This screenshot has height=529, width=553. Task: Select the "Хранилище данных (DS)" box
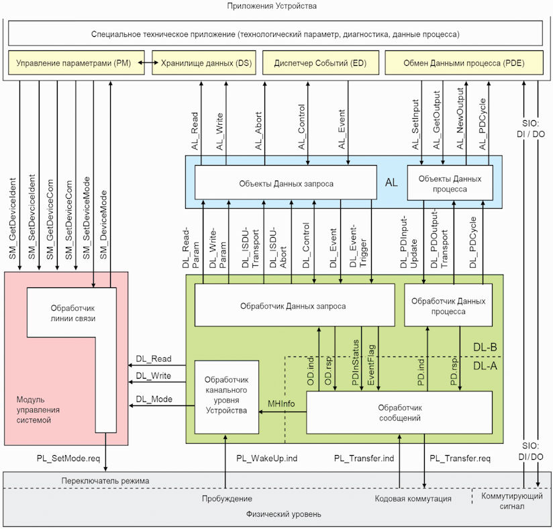tap(204, 63)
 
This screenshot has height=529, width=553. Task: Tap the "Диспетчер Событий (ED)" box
tap(321, 63)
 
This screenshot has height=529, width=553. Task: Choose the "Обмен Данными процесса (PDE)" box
tap(464, 63)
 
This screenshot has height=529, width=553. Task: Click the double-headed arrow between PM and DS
tap(148, 63)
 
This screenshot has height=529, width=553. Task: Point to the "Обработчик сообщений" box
tap(399, 413)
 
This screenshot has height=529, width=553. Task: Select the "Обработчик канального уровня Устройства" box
tap(226, 397)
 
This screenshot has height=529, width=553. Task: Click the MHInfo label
tap(281, 403)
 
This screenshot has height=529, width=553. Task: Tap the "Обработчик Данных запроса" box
tap(295, 305)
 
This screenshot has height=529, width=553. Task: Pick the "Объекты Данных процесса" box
tap(450, 183)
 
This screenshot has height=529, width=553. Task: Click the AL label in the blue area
tap(391, 183)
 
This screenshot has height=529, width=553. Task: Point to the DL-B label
tap(485, 347)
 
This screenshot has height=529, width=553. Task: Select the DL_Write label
tap(154, 376)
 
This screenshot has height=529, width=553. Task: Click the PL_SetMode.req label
tap(68, 459)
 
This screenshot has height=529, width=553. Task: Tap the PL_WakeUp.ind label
tap(266, 459)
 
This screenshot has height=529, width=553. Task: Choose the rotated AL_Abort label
tap(258, 131)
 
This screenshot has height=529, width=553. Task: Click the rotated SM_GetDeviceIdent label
tap(13, 219)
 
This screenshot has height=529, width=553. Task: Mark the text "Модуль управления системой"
tap(38, 410)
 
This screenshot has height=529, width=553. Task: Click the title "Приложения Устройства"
tap(272, 6)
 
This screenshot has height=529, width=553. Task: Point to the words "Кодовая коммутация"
tap(413, 499)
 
